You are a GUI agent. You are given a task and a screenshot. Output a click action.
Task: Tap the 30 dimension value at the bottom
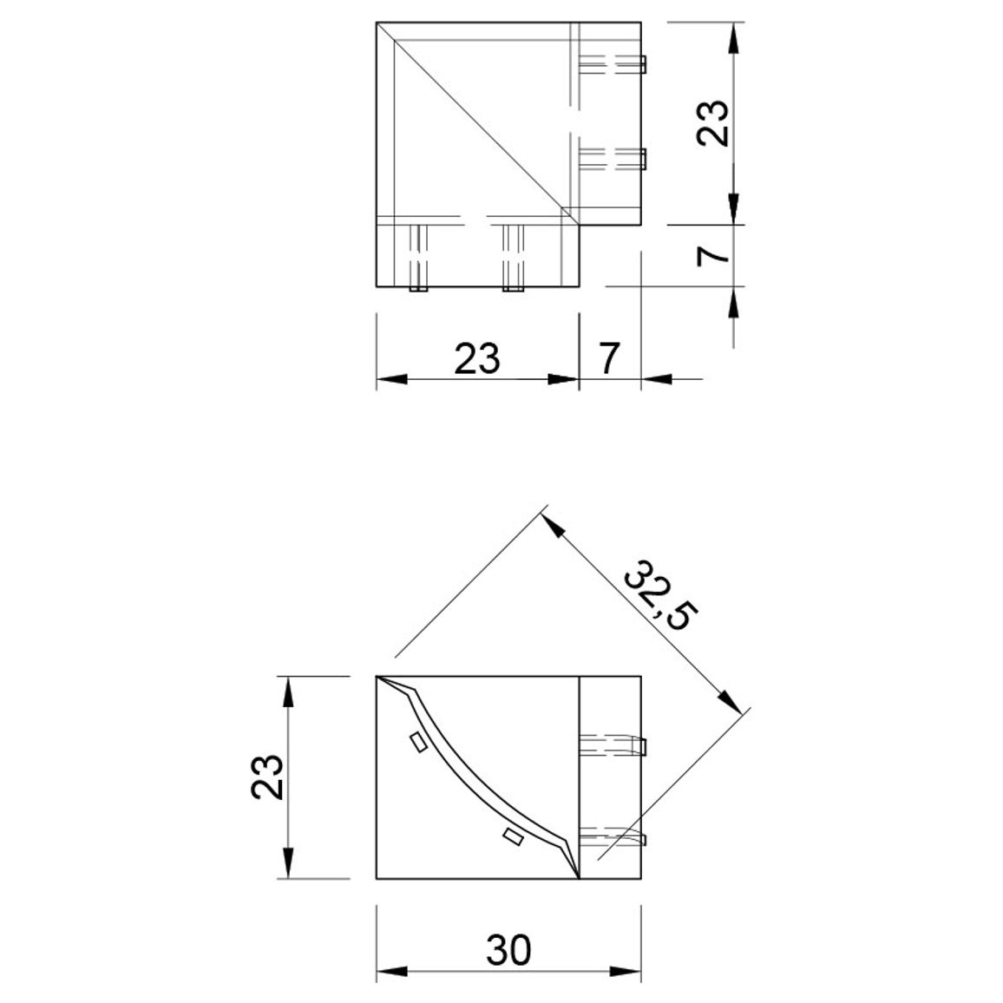pyautogui.click(x=508, y=950)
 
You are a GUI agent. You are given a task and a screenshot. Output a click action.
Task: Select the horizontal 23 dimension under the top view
pyautogui.click(x=477, y=358)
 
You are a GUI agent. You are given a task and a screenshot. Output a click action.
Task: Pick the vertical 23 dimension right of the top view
pyautogui.click(x=712, y=123)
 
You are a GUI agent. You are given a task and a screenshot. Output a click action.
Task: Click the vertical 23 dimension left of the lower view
pyautogui.click(x=266, y=777)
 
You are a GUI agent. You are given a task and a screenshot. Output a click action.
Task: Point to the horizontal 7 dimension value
pyautogui.click(x=609, y=358)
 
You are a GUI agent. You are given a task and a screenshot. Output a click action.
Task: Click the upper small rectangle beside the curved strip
pyautogui.click(x=418, y=742)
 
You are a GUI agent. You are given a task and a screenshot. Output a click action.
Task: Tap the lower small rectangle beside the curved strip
pyautogui.click(x=513, y=836)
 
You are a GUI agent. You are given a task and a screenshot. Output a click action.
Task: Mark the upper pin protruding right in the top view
pyautogui.click(x=643, y=63)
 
